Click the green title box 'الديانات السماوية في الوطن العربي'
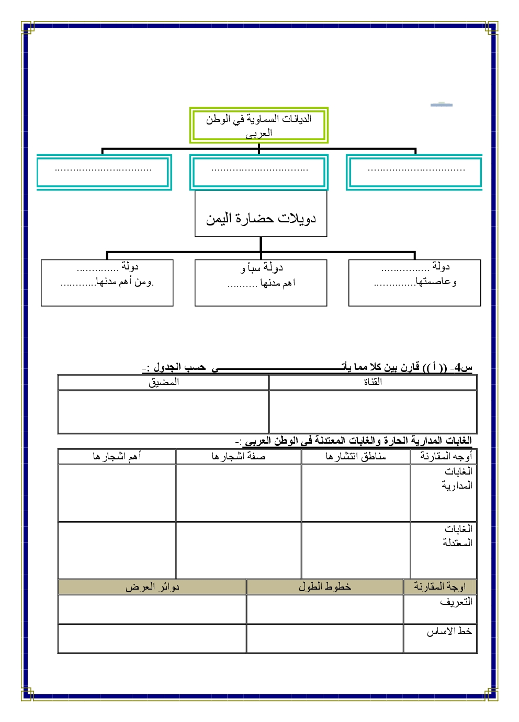point(258,126)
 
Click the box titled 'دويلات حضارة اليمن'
point(261,214)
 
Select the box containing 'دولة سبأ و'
point(261,283)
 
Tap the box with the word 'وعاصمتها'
point(414,283)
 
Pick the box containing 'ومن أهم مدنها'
point(107,283)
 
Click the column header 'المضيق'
point(163,382)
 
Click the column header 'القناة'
point(373,382)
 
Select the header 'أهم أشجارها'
point(117,457)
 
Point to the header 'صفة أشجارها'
point(239,457)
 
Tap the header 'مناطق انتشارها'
point(356,457)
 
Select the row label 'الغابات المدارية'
point(457,479)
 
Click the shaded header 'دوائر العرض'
point(152,587)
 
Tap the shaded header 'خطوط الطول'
point(324,587)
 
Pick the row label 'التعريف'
point(456,602)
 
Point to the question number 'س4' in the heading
point(464,367)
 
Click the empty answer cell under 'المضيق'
point(163,412)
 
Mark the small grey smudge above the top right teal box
point(441,105)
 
